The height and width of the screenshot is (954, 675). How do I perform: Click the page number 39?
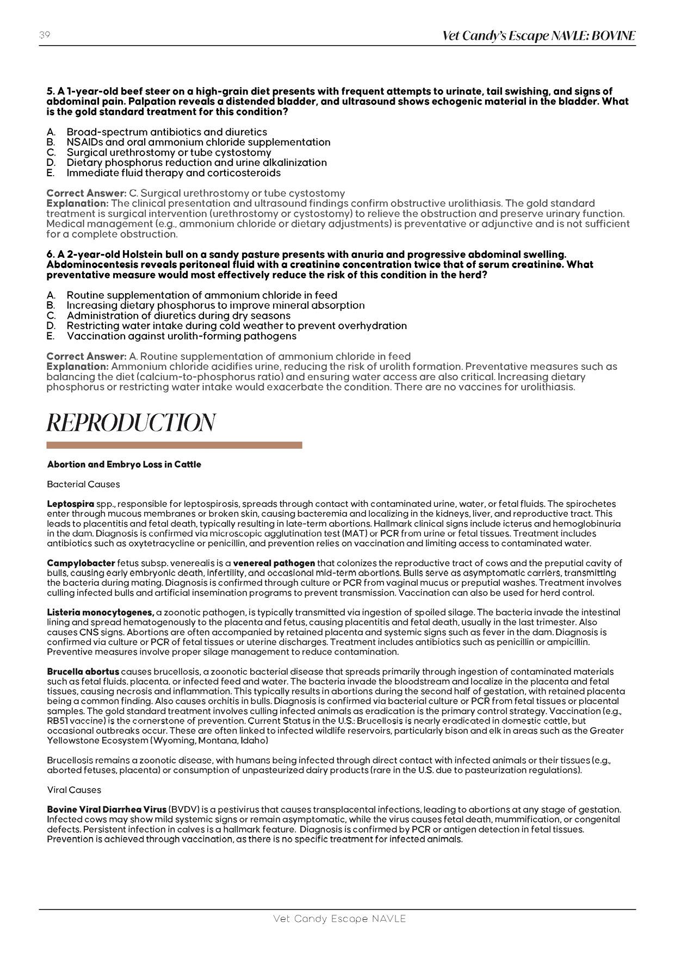click(x=45, y=35)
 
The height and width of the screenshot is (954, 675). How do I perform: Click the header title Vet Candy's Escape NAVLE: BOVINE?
click(x=538, y=36)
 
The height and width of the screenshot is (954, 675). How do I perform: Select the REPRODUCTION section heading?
click(x=131, y=423)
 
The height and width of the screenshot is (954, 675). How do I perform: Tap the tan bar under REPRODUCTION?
click(x=174, y=445)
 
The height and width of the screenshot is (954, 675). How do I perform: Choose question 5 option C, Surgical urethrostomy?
click(x=169, y=152)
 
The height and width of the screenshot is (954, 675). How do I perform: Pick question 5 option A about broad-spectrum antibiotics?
click(x=166, y=132)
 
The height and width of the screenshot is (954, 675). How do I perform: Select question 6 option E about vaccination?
click(x=181, y=336)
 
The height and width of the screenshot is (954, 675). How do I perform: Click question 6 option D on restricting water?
click(x=237, y=326)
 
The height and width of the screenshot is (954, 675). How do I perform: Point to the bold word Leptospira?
click(x=71, y=504)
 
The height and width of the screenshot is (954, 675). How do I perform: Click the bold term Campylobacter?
click(x=81, y=563)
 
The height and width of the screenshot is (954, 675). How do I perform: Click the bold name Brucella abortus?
click(x=83, y=672)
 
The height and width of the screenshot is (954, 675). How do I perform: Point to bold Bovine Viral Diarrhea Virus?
click(x=107, y=809)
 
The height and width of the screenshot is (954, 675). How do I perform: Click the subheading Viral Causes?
click(x=74, y=790)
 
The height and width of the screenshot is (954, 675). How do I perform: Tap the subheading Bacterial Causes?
click(x=83, y=484)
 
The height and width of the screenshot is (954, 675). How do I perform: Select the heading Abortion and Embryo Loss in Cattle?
click(x=124, y=464)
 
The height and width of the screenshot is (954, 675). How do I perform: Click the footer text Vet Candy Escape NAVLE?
click(x=339, y=919)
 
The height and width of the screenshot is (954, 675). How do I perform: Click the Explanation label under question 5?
click(x=77, y=203)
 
